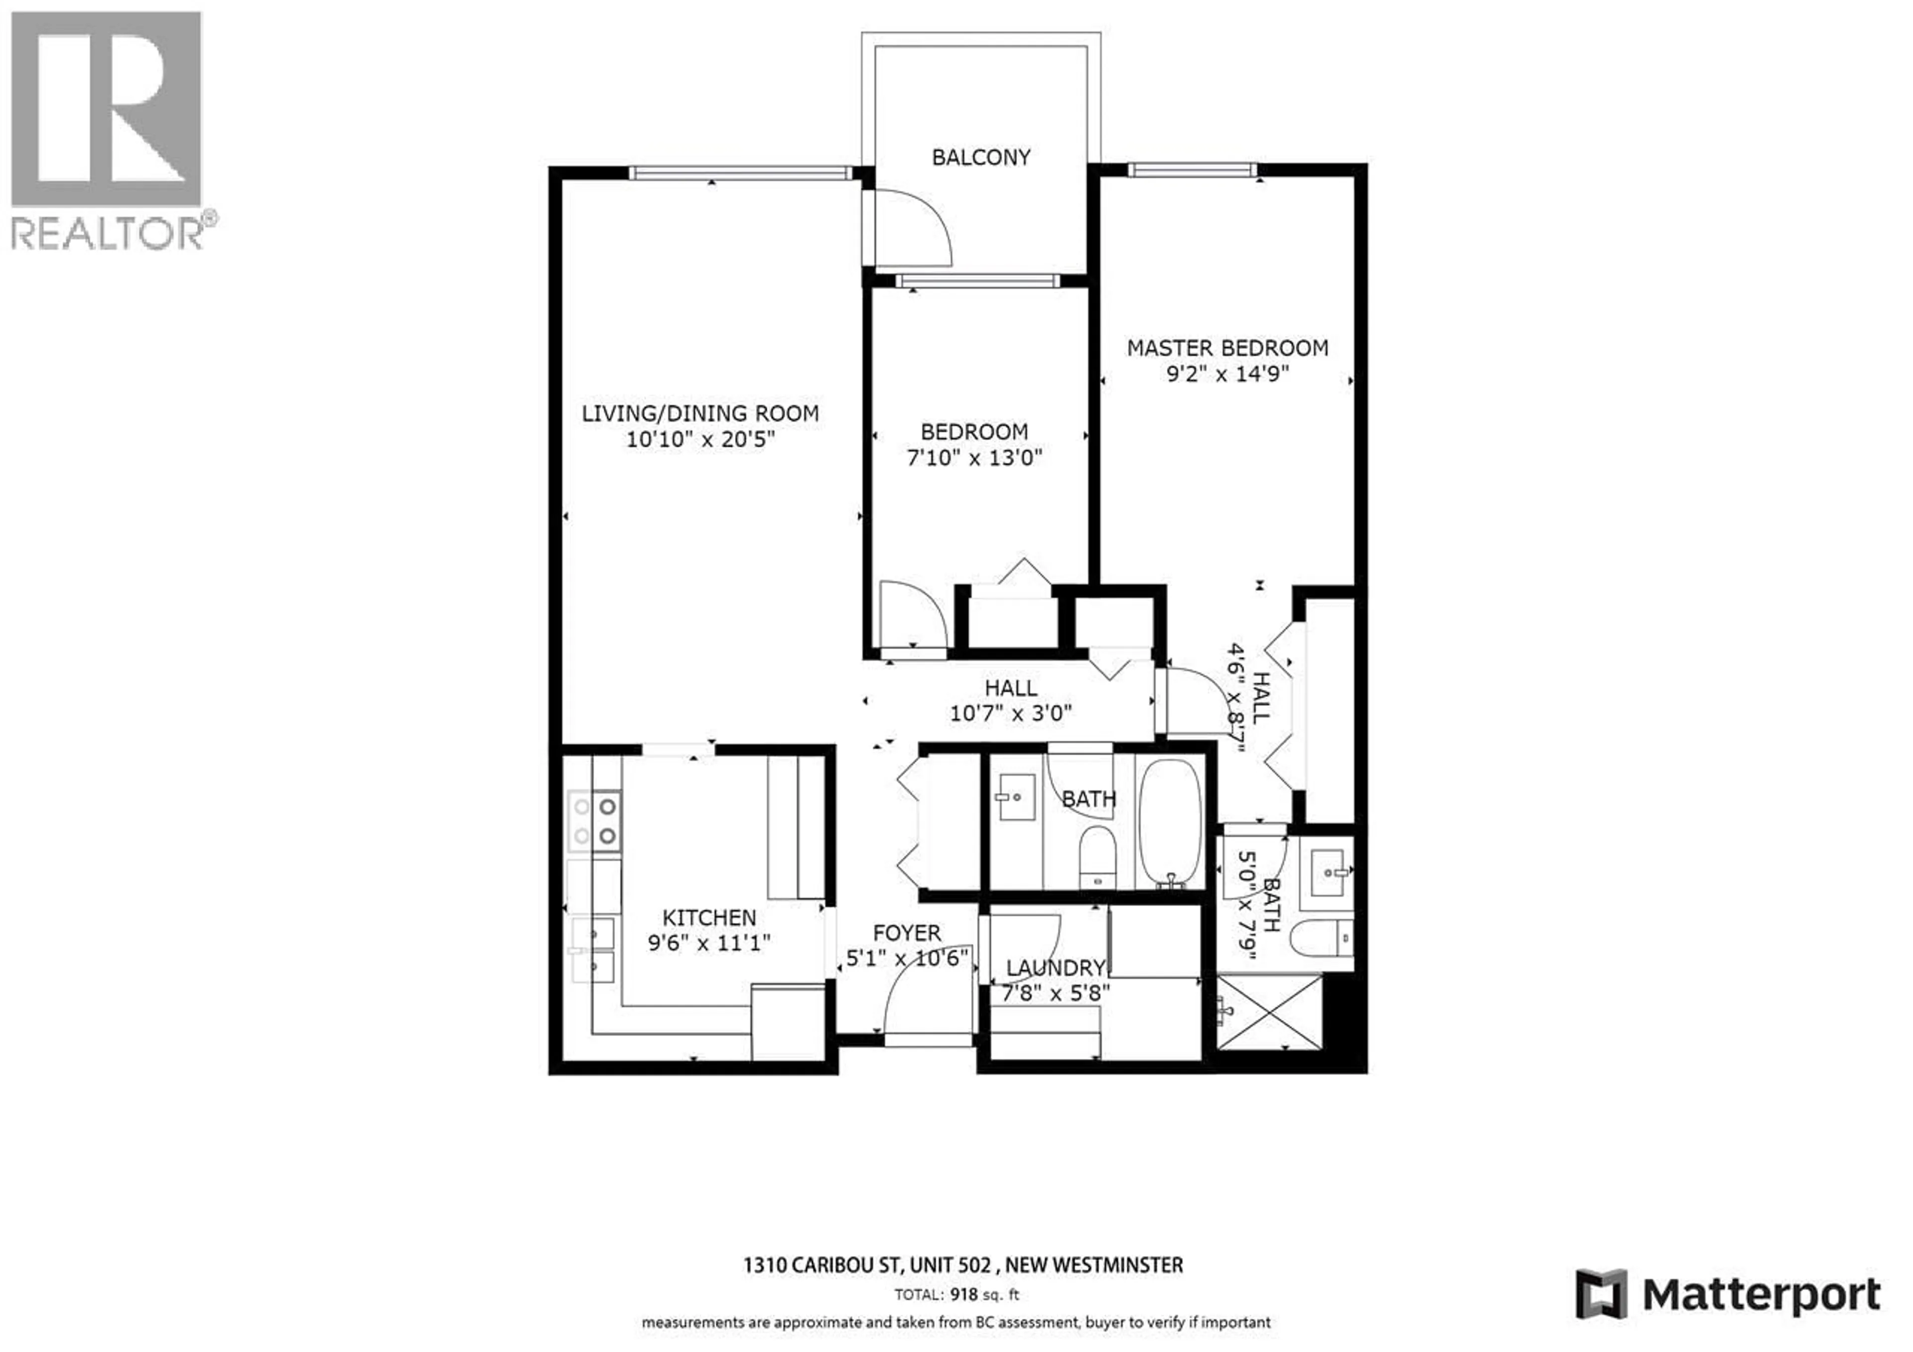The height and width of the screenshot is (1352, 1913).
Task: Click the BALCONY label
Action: click(981, 157)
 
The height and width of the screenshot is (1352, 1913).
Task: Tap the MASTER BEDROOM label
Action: click(1228, 348)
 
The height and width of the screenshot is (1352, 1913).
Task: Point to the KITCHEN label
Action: click(708, 918)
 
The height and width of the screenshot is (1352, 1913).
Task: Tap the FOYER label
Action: click(907, 933)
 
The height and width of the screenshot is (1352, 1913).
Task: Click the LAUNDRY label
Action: click(1055, 968)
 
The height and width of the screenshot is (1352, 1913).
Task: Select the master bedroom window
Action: click(1192, 170)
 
